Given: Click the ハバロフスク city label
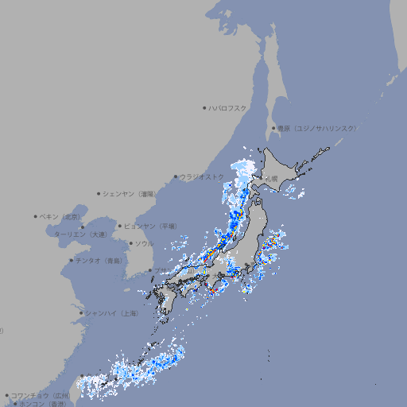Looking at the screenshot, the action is tap(228, 107).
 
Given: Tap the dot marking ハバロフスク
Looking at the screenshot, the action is tap(204, 107).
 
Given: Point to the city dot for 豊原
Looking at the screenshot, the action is tap(273, 128).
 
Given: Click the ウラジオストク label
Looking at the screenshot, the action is tap(202, 177).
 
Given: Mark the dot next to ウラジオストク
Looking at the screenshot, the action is tap(176, 177).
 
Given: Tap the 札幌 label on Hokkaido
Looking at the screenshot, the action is tap(272, 179).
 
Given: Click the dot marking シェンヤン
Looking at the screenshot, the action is tap(99, 193).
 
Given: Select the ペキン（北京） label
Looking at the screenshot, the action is tap(61, 216).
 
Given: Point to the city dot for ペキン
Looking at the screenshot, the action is tap(36, 216).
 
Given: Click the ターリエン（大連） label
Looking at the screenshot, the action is tap(80, 235).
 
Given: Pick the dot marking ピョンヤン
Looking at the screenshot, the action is tap(121, 226).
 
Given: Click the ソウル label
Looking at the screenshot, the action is tap(144, 243).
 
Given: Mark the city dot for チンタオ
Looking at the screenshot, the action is tap(71, 260).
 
